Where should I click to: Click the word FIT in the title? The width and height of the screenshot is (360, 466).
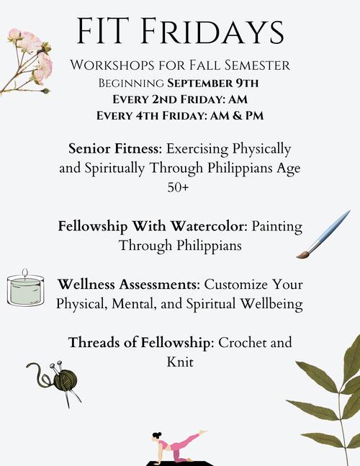point(103,31)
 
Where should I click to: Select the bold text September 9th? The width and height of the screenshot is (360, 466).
point(212,84)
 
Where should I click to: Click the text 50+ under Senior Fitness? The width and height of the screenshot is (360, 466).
point(178,187)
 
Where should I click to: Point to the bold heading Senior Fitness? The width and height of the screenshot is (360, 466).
point(115,148)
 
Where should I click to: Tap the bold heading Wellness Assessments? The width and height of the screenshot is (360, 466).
point(129,284)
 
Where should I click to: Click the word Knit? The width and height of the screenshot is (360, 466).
point(180,362)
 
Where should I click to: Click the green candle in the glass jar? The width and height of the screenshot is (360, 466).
point(25,291)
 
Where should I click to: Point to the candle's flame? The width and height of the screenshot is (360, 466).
point(25,272)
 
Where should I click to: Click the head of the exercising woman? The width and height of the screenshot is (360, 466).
point(156,436)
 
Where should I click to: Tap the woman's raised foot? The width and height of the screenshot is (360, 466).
point(204,432)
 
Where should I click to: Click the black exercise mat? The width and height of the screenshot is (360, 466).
point(180,463)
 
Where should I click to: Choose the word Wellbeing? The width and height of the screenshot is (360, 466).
point(271,304)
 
